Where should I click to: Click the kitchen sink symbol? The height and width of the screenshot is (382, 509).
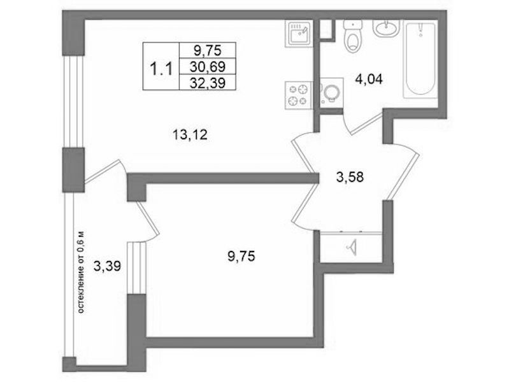click(299, 33)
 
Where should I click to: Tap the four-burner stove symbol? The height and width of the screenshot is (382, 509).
click(298, 95)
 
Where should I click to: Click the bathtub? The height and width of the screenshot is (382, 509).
click(420, 59)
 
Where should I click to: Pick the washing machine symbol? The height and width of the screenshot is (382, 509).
click(331, 92)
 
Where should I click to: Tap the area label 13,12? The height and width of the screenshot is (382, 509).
click(190, 134)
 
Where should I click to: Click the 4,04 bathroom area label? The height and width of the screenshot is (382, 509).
click(369, 78)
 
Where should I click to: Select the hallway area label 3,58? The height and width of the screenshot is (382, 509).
click(350, 177)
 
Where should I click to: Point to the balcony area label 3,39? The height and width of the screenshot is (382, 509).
click(107, 267)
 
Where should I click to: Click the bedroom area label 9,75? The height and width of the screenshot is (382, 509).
click(241, 257)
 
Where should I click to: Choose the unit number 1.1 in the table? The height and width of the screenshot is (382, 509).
click(161, 69)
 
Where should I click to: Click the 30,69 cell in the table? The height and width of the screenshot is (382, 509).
click(208, 67)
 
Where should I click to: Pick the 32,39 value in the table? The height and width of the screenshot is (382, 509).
click(208, 83)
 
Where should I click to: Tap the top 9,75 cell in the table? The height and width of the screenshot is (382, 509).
click(208, 50)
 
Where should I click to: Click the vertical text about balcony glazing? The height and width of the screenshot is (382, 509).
click(81, 272)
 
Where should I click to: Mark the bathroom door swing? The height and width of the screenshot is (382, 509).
click(363, 123)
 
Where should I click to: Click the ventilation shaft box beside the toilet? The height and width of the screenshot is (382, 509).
click(326, 30)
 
